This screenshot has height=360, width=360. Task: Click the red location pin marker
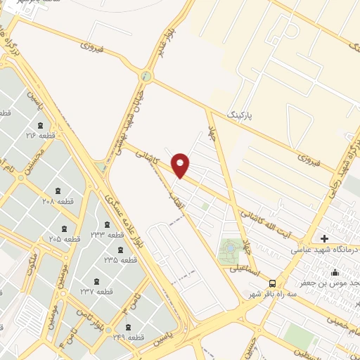181,165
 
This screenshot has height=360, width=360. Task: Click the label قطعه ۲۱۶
40,135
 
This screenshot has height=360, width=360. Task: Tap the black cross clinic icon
323,238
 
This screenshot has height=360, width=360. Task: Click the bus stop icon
272,282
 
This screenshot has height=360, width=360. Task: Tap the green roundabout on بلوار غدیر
146,76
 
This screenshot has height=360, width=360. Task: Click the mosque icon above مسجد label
335,272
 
